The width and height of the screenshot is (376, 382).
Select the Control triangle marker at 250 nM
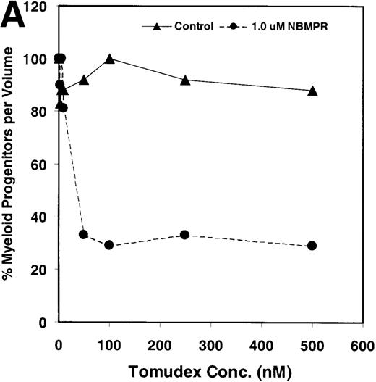coord(185,80)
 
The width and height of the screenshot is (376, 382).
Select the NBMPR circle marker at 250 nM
coord(185,235)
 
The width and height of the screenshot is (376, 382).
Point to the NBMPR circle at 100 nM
coord(109,245)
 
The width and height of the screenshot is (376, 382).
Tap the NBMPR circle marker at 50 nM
coord(84,234)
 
